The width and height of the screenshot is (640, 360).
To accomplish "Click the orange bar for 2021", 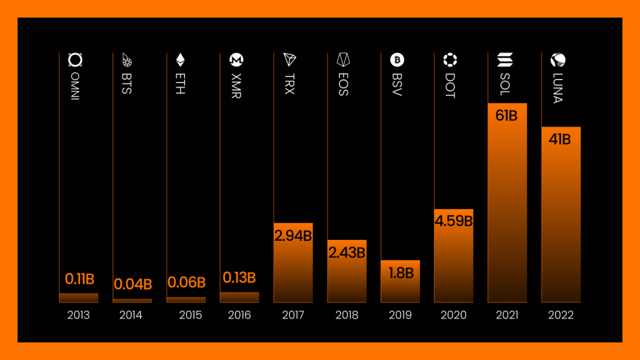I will click(507, 211).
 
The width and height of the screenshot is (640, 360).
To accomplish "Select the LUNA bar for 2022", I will click(561, 222).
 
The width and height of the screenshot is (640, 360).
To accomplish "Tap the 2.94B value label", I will click(293, 236).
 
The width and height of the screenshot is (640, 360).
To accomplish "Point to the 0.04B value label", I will click(133, 284).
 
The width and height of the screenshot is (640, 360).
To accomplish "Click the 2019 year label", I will click(400, 315).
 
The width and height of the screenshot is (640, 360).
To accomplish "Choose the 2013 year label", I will click(78, 315).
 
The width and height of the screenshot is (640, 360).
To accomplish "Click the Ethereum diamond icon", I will click(181, 59).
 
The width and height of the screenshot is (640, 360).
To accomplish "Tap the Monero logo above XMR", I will click(237, 59).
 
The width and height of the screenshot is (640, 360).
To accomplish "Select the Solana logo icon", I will click(505, 59).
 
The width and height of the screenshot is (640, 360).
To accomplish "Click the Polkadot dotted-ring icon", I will click(449, 59).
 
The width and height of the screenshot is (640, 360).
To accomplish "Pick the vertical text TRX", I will click(289, 84).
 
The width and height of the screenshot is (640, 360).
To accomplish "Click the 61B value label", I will click(506, 116).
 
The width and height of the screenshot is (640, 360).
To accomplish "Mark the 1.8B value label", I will click(401, 273).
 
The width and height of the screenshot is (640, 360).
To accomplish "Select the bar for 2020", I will click(453, 261).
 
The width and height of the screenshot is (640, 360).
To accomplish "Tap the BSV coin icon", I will click(397, 59).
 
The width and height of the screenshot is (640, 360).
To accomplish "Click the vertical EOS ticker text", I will click(343, 84).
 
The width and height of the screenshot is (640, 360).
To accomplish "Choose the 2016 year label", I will click(239, 315).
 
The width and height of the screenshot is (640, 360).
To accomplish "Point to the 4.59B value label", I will click(453, 221).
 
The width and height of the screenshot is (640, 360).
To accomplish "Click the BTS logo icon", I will click(127, 59).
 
